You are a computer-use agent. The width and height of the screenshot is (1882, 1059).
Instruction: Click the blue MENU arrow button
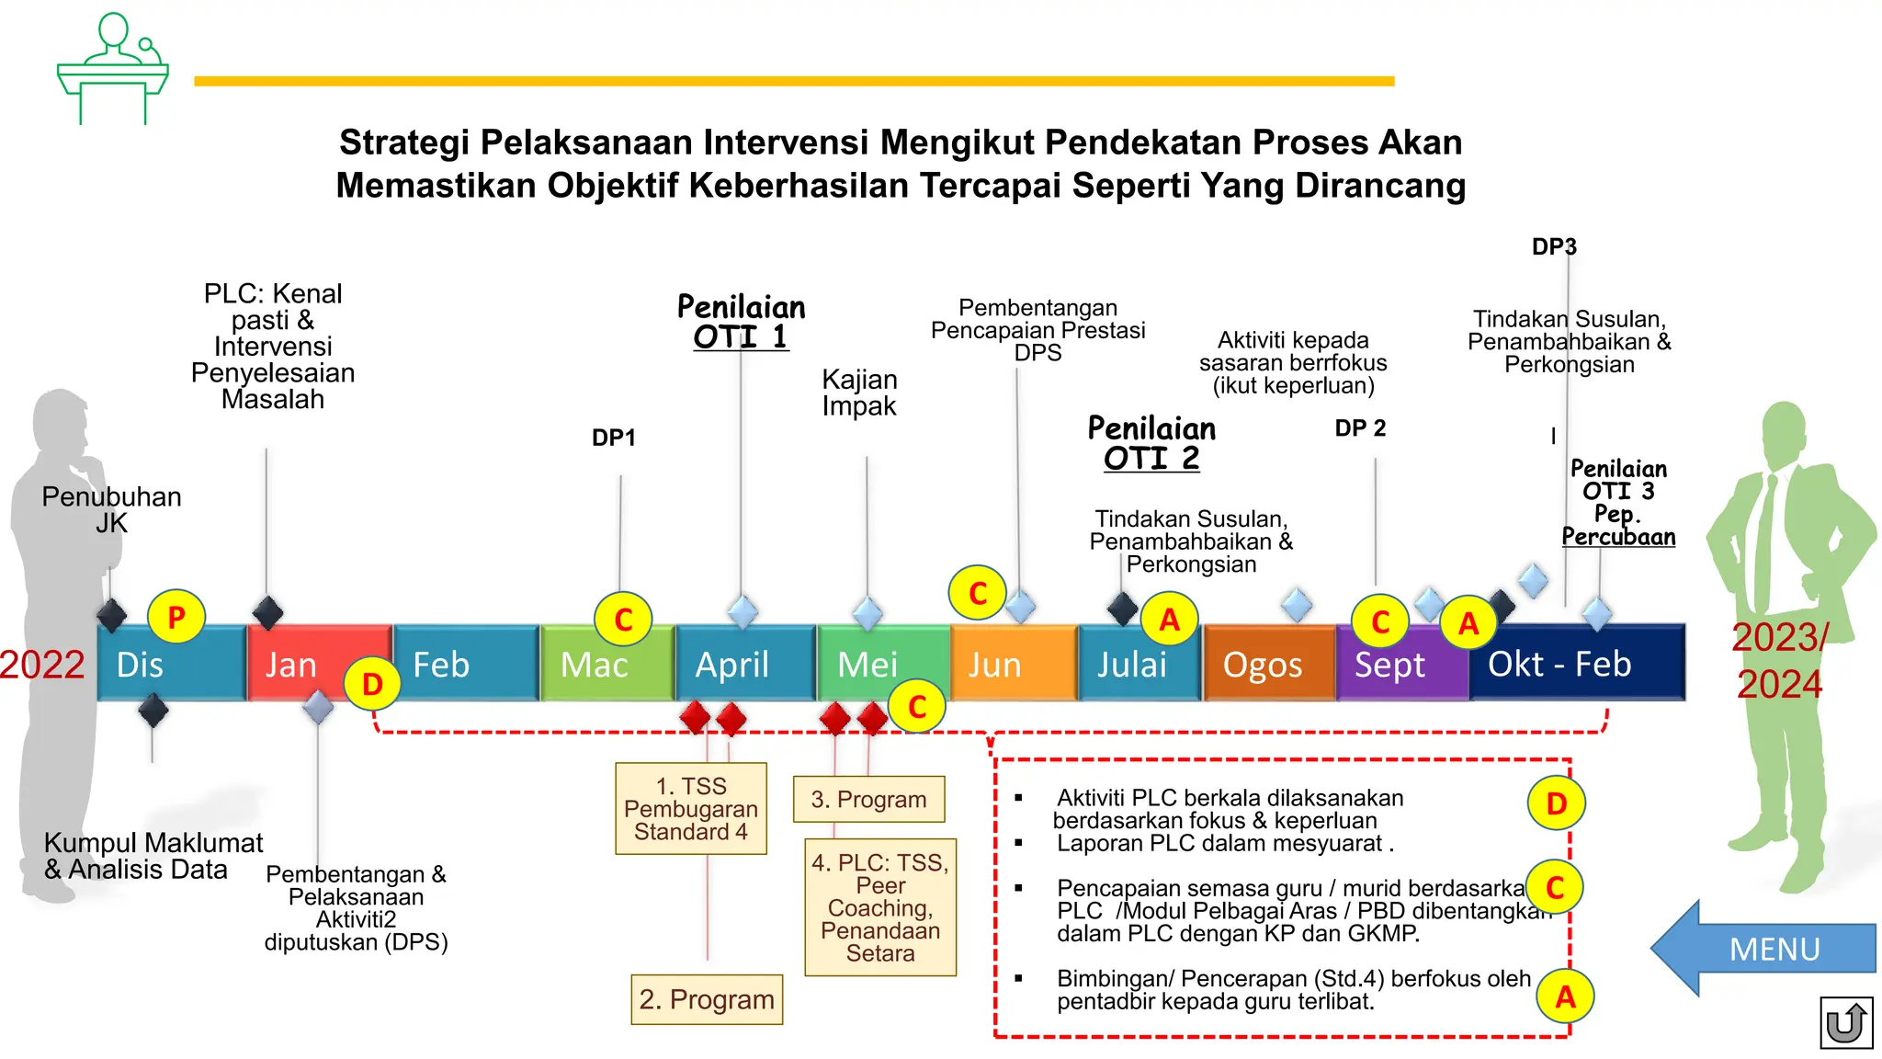1769,948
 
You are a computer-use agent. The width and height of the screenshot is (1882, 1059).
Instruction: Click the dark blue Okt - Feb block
1576,664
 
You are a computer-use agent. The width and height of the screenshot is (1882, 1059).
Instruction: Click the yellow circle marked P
176,617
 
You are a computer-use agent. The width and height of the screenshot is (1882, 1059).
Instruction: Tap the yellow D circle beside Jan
372,684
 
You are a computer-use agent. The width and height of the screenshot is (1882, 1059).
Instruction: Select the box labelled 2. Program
707,999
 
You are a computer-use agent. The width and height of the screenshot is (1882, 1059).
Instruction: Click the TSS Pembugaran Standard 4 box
691,809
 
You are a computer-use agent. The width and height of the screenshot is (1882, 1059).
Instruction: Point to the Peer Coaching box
880,907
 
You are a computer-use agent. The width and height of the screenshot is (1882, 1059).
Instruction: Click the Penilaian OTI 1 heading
742,322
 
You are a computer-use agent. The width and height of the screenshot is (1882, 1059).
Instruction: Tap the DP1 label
614,438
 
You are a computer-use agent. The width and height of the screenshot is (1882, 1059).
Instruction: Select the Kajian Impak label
859,393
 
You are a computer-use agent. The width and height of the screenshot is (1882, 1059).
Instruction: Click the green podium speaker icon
113,70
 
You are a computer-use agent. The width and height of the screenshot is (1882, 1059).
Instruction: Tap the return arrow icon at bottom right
1845,1022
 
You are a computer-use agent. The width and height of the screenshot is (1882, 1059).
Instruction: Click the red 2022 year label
42,665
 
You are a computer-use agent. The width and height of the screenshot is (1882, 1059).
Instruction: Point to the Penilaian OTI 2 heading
1151,443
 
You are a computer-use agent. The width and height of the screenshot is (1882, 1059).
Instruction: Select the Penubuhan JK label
111,510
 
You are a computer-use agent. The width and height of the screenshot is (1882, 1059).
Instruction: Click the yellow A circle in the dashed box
1565,996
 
